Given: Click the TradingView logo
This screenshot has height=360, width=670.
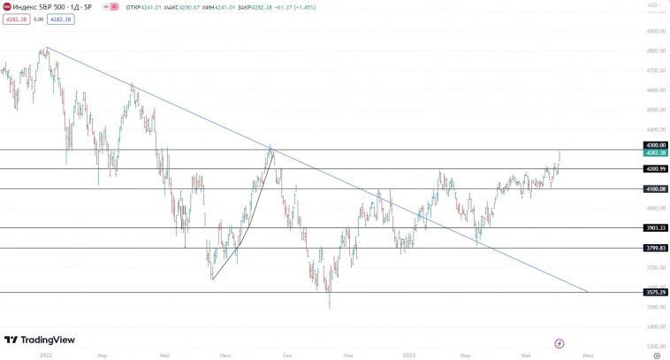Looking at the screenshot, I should point(39,340).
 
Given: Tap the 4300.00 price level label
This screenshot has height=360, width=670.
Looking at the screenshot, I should point(656,145).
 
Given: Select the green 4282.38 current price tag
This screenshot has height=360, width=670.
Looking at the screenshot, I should point(656,153).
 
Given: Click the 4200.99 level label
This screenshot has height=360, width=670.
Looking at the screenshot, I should point(656,168).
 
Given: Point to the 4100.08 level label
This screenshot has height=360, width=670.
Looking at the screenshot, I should point(656,188).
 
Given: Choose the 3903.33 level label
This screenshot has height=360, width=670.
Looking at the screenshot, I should point(656,227).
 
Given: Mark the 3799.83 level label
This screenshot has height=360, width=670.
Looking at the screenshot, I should point(656,248).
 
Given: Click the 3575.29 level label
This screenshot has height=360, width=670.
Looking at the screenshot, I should point(656,292).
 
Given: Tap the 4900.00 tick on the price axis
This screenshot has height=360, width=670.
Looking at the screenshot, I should point(655,31).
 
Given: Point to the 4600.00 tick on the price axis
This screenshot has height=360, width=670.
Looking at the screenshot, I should point(655,90).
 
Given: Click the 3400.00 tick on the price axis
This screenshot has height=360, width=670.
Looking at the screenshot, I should point(655,326).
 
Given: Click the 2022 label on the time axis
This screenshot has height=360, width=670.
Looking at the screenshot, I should point(46,354).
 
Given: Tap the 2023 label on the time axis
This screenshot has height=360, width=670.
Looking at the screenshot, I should point(409,354).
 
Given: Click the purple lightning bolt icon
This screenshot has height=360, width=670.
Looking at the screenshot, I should point(559,342).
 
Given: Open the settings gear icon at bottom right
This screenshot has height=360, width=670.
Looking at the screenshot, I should point(656,354).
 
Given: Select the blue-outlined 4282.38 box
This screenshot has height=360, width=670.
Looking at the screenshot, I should point(61,18).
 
